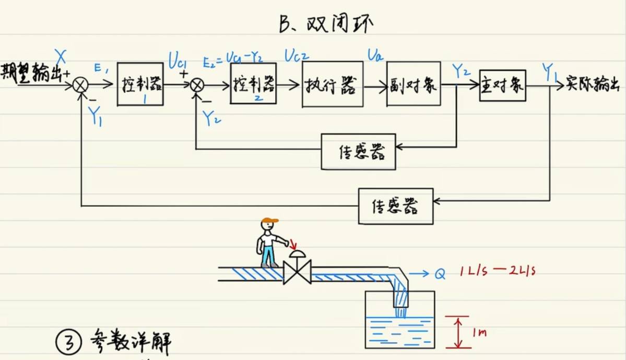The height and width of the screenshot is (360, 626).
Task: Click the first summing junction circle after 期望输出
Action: (x=80, y=85)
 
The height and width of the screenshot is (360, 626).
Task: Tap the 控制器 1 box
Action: (x=140, y=84)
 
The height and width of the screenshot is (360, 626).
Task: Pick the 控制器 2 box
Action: (x=253, y=83)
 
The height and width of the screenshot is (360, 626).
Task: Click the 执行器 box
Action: (x=332, y=85)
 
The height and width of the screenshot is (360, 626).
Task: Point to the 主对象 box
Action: (x=502, y=84)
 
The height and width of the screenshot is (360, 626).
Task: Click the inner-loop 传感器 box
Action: (x=358, y=152)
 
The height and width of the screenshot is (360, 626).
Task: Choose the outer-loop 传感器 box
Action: (x=395, y=206)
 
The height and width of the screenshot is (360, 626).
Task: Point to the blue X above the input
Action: (x=61, y=55)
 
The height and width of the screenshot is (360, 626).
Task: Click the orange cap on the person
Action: (x=270, y=221)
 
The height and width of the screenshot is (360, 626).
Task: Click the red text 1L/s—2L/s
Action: (x=499, y=271)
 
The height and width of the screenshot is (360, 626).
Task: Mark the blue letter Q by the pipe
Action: (x=440, y=273)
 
